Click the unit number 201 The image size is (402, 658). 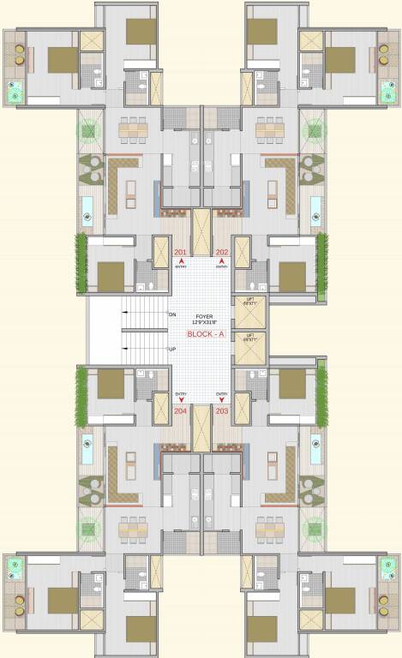(180, 252)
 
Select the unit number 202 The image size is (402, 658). (222, 252)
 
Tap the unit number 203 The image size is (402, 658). (222, 411)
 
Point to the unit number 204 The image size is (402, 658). (180, 411)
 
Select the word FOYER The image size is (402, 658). (202, 315)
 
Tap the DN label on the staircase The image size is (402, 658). (172, 314)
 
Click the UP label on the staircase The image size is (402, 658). (172, 350)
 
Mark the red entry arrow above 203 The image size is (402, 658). (222, 400)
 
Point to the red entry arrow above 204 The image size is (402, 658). (180, 400)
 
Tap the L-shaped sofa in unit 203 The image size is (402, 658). (287, 476)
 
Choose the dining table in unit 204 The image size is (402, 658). (134, 529)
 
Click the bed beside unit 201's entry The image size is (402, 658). (111, 276)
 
